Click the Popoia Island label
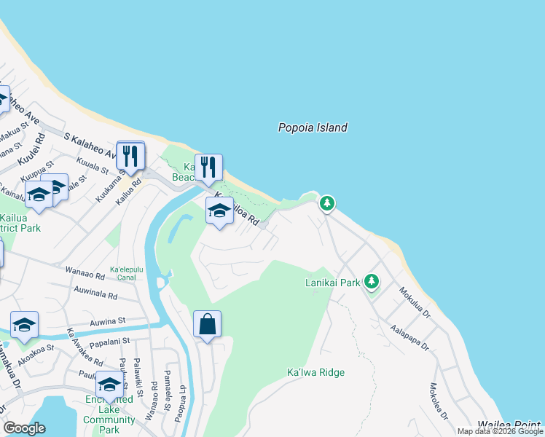pyautogui.click(x=313, y=127)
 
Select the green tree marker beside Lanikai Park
pyautogui.click(x=372, y=281)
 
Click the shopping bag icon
pyautogui.click(x=207, y=324)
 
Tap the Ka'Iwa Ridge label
pyautogui.click(x=315, y=372)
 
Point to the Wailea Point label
pyautogui.click(x=509, y=425)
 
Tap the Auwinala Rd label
pyautogui.click(x=95, y=293)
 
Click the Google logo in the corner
pyautogui.click(x=24, y=428)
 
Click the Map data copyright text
pyautogui.click(x=499, y=431)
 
